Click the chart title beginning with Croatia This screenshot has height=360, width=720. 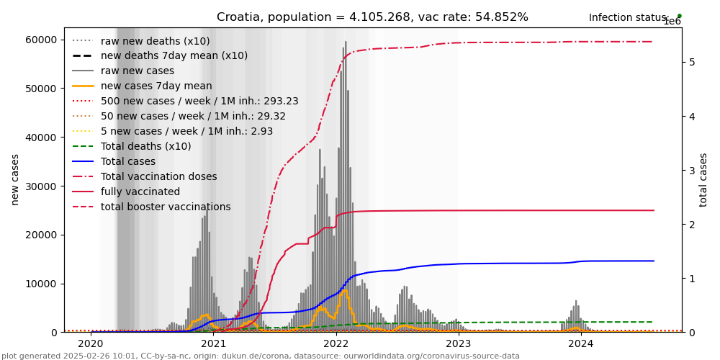pos(372,17)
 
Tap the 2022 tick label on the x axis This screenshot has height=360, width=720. pos(336,343)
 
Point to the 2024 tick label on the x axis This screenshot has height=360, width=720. pos(581,343)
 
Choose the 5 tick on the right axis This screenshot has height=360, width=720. pos(692,62)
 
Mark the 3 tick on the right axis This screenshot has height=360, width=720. pos(692,171)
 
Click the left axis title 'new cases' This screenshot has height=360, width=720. pos(15,179)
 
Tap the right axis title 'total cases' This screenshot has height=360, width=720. pos(704,179)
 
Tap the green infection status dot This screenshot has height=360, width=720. pos(679,16)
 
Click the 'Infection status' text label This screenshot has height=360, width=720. pos(629,18)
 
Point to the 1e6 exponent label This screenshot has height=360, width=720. pos(672,22)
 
